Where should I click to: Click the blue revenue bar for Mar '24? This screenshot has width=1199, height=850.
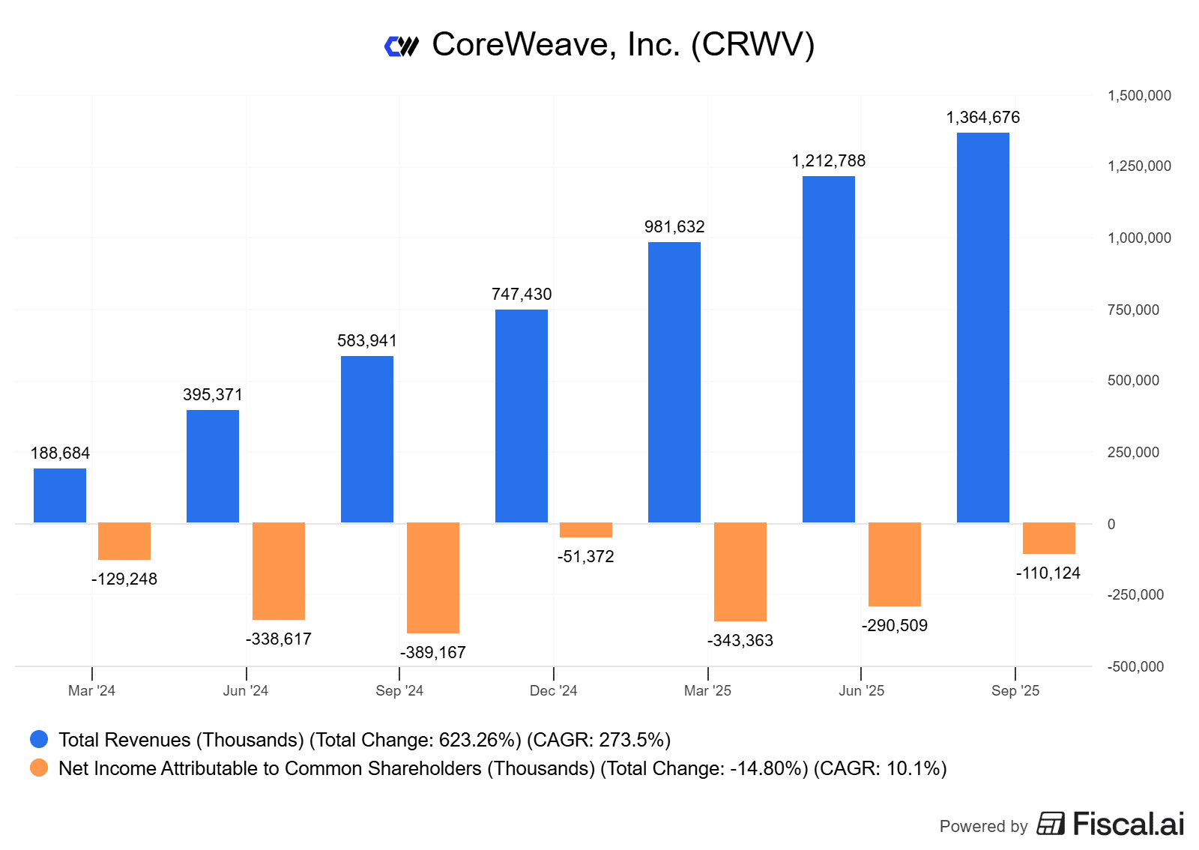click(60, 495)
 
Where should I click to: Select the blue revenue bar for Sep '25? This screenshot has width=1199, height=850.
click(983, 328)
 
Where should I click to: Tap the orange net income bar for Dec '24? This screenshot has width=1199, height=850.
click(586, 530)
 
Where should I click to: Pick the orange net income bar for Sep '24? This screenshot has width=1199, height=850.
click(433, 577)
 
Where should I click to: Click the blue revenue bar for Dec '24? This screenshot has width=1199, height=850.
click(522, 416)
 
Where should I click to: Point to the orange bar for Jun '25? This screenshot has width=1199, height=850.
click(895, 564)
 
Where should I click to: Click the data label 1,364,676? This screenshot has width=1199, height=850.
click(983, 118)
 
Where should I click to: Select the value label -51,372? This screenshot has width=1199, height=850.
click(586, 557)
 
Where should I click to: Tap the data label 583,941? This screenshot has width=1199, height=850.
click(367, 341)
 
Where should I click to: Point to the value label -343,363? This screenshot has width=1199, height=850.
click(740, 641)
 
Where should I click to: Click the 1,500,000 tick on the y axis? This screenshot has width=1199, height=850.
click(1139, 96)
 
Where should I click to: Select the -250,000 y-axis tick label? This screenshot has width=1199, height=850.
click(1135, 595)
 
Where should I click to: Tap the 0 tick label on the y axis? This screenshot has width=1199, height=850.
click(1111, 524)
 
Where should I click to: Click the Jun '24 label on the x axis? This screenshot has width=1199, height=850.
click(246, 691)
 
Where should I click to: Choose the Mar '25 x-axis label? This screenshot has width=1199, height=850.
click(707, 691)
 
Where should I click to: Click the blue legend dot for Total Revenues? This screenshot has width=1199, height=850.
click(39, 740)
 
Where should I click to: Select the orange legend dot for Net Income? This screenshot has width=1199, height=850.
click(39, 768)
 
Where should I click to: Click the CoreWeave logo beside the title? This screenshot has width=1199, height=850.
click(402, 46)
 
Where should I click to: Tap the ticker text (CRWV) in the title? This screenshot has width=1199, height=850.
click(752, 45)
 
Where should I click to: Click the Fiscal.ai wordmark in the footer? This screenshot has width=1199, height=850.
click(1128, 824)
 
